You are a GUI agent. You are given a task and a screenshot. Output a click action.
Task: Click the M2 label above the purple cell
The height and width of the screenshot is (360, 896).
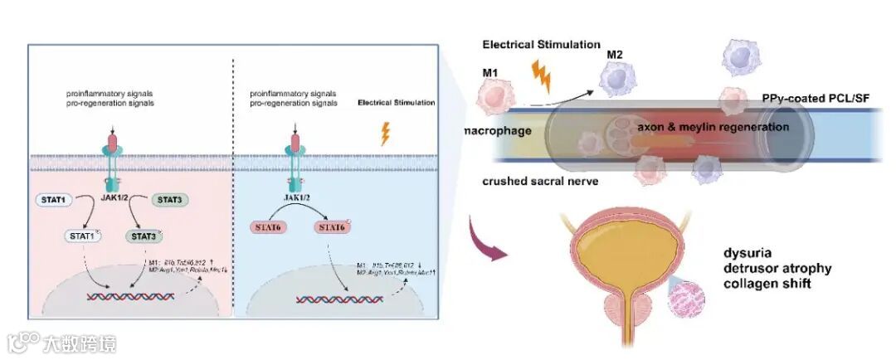pyautogui.click(x=615, y=55)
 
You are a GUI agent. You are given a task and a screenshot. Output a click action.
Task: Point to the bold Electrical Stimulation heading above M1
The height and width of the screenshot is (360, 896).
pyautogui.click(x=542, y=43)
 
